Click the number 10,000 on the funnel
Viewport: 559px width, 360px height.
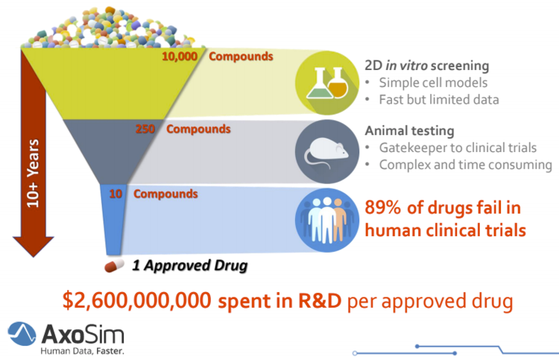(180, 57)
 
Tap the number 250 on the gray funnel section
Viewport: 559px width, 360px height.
(145, 129)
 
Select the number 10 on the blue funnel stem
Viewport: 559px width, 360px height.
(116, 194)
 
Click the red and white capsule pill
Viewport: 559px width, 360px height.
(114, 265)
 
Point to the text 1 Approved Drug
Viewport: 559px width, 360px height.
(190, 265)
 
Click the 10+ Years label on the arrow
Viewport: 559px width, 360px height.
(33, 173)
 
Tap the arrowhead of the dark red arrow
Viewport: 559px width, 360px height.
(34, 246)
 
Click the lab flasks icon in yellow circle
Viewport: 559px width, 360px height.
(327, 83)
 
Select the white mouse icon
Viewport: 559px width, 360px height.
(326, 152)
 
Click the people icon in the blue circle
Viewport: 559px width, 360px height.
(327, 221)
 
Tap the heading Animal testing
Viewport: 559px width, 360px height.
(410, 131)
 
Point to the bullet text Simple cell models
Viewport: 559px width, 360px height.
(433, 83)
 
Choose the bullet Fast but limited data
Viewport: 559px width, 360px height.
(439, 100)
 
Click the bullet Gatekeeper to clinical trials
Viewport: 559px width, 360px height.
(458, 148)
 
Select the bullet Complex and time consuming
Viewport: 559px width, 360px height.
(466, 165)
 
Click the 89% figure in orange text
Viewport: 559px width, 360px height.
(382, 207)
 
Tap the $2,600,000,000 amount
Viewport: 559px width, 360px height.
(137, 300)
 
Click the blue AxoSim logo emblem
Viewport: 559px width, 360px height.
(22, 334)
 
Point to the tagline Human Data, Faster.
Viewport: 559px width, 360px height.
(82, 351)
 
